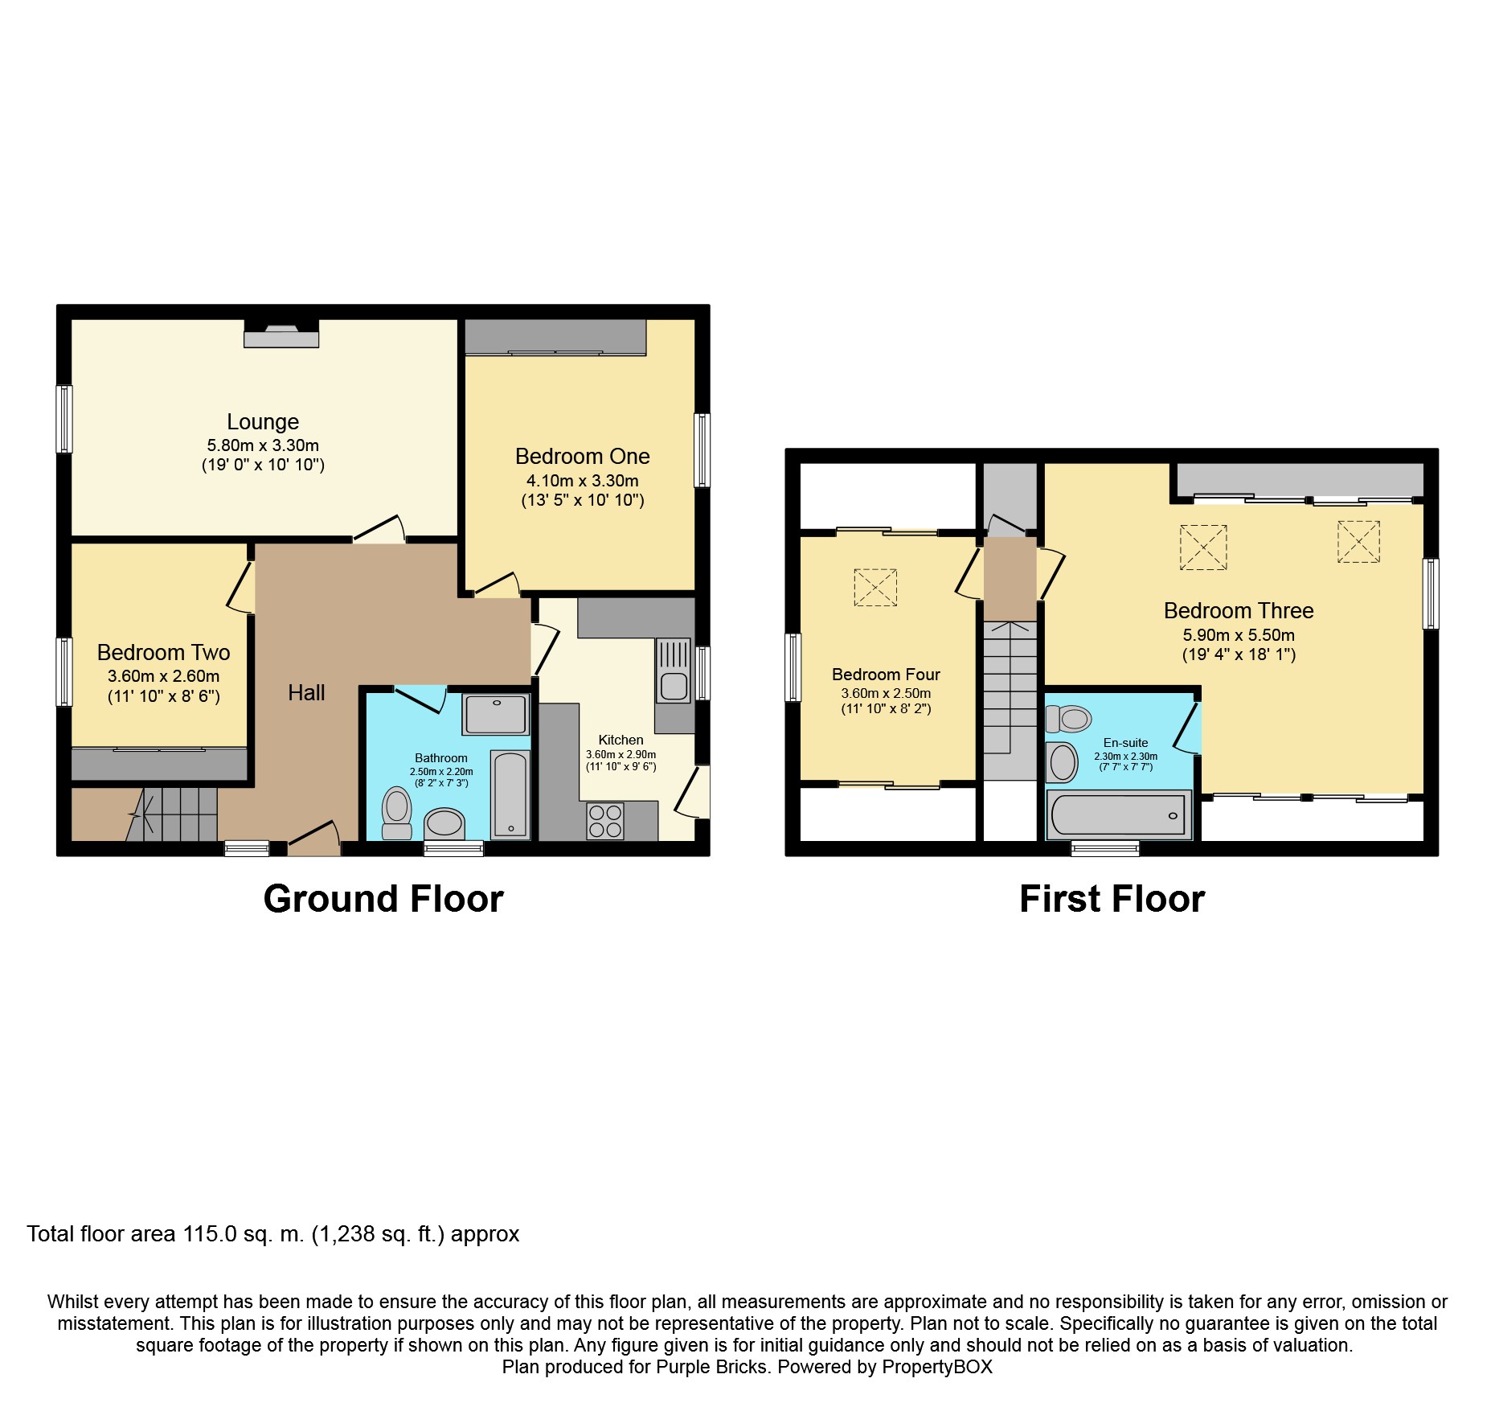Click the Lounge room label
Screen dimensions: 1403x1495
coord(263,421)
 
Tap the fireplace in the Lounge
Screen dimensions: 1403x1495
coord(281,334)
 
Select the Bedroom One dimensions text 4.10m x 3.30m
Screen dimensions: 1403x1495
coord(582,481)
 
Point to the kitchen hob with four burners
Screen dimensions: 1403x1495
coord(605,821)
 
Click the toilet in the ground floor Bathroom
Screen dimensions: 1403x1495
coord(396,812)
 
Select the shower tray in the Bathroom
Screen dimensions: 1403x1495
coord(496,714)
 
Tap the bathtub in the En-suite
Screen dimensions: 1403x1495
coord(1118,815)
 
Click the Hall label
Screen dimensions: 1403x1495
coord(306,693)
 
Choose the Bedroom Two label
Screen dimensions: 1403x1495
coord(163,652)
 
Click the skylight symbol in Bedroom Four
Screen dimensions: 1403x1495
coord(874,587)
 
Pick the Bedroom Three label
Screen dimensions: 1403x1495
coord(1239,610)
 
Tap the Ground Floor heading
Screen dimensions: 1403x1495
coord(383,899)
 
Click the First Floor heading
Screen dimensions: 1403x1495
coord(1112,899)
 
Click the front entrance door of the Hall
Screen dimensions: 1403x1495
coord(313,840)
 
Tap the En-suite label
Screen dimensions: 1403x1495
coord(1125,743)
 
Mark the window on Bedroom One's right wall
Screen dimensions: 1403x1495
coord(702,450)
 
